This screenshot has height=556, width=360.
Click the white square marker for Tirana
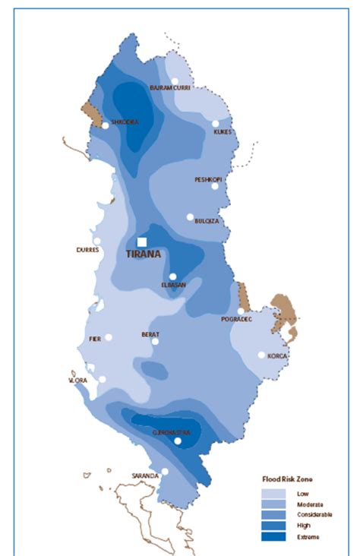point(141,242)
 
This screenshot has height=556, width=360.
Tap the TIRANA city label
point(144,255)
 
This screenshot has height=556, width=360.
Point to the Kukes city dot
point(216,123)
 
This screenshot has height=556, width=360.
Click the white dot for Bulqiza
point(191,216)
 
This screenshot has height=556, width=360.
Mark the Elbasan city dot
point(173,276)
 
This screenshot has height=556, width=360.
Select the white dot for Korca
point(261,355)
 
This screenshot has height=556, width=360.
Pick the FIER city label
point(95,338)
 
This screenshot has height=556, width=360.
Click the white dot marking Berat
point(155,342)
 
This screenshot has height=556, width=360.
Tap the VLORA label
point(79,380)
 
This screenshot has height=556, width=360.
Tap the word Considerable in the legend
point(304,514)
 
